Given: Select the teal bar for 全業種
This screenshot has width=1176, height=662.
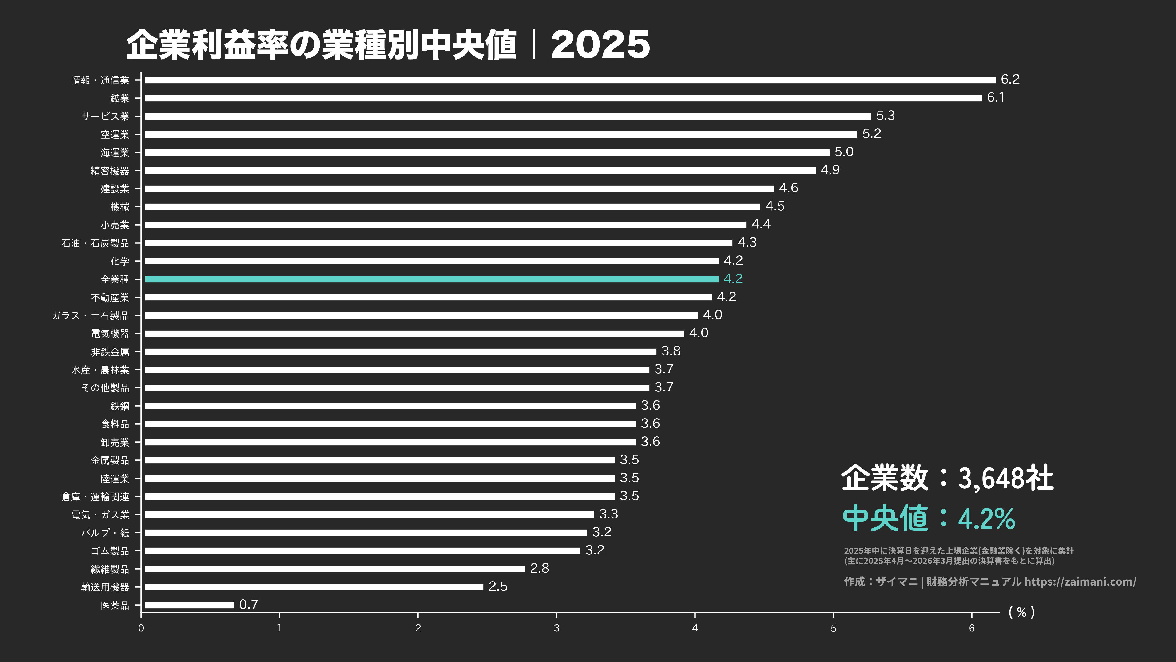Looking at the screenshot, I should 431,279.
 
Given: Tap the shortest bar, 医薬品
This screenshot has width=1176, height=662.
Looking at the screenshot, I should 190,605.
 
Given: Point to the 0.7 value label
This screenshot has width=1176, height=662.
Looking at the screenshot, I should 249,604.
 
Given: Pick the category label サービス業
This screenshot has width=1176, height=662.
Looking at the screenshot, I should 105,116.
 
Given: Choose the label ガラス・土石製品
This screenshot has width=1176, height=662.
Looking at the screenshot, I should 90,315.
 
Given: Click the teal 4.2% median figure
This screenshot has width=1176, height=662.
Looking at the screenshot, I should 986,519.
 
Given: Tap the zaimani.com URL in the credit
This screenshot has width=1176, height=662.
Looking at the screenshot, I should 1080,582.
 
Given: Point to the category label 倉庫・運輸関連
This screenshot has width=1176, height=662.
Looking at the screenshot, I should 95,497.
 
